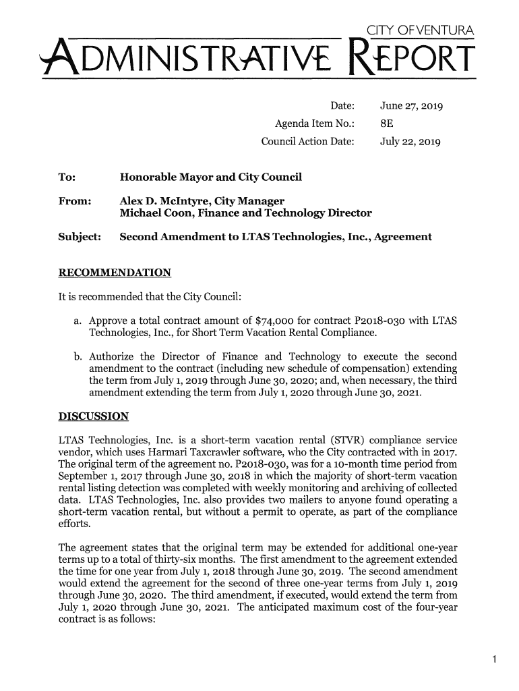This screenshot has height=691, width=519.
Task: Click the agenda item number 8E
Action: point(387,125)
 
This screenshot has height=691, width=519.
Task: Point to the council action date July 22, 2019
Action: point(410,142)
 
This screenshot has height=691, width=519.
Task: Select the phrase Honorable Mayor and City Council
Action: point(210,178)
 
